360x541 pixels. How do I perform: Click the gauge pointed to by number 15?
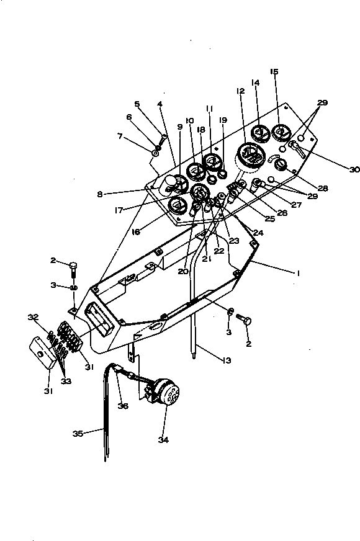click(x=281, y=132)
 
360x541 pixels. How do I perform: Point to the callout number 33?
click(x=65, y=381)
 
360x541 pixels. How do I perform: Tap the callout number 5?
click(x=137, y=104)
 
